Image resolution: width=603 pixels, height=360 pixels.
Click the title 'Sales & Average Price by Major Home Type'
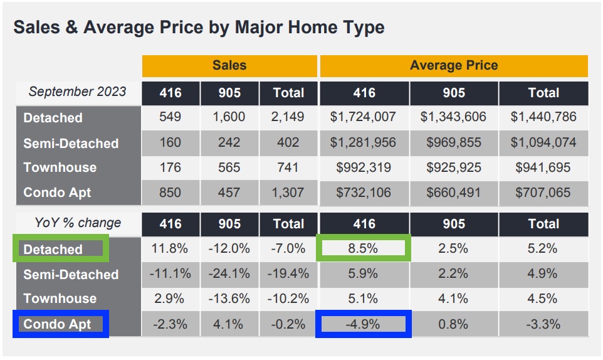[x=199, y=28]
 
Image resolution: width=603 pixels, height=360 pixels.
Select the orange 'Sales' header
[x=229, y=66]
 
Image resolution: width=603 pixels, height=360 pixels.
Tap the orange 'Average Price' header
[x=454, y=66]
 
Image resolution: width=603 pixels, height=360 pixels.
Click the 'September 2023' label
[x=77, y=92]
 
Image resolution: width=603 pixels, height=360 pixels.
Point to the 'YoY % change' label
[x=77, y=223]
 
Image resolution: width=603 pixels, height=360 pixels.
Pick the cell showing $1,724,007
[x=364, y=117]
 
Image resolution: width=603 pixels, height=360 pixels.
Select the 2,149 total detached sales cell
[x=288, y=117]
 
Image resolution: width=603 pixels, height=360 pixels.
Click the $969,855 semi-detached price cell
[x=454, y=143]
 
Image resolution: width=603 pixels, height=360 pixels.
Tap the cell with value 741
[x=288, y=167]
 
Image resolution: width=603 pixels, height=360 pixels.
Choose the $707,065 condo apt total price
[x=543, y=193]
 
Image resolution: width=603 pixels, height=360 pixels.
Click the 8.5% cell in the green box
[x=364, y=248]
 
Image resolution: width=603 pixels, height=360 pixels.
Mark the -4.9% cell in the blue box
[x=364, y=324]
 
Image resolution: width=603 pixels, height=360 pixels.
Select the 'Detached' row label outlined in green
[x=54, y=249]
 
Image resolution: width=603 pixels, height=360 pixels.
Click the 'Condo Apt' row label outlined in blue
[x=58, y=324]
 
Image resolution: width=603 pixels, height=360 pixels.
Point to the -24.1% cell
[x=229, y=274]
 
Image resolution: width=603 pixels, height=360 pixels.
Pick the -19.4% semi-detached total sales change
[x=288, y=274]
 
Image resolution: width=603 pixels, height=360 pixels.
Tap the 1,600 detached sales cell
[x=229, y=117]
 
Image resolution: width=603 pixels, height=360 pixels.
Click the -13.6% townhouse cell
[x=229, y=299]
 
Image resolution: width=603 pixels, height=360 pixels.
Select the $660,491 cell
[x=454, y=193]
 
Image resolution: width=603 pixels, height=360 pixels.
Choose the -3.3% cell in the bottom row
[x=543, y=324]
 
